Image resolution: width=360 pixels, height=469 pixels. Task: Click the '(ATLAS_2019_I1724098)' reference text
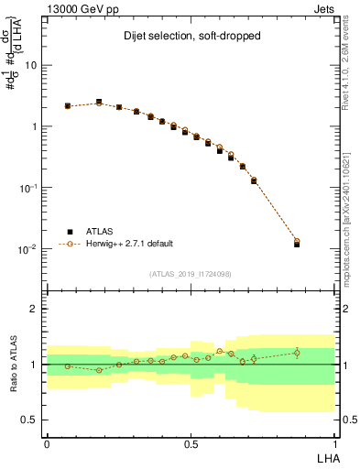coord(191,274)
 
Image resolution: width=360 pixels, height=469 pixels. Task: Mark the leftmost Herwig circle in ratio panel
coord(68,366)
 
